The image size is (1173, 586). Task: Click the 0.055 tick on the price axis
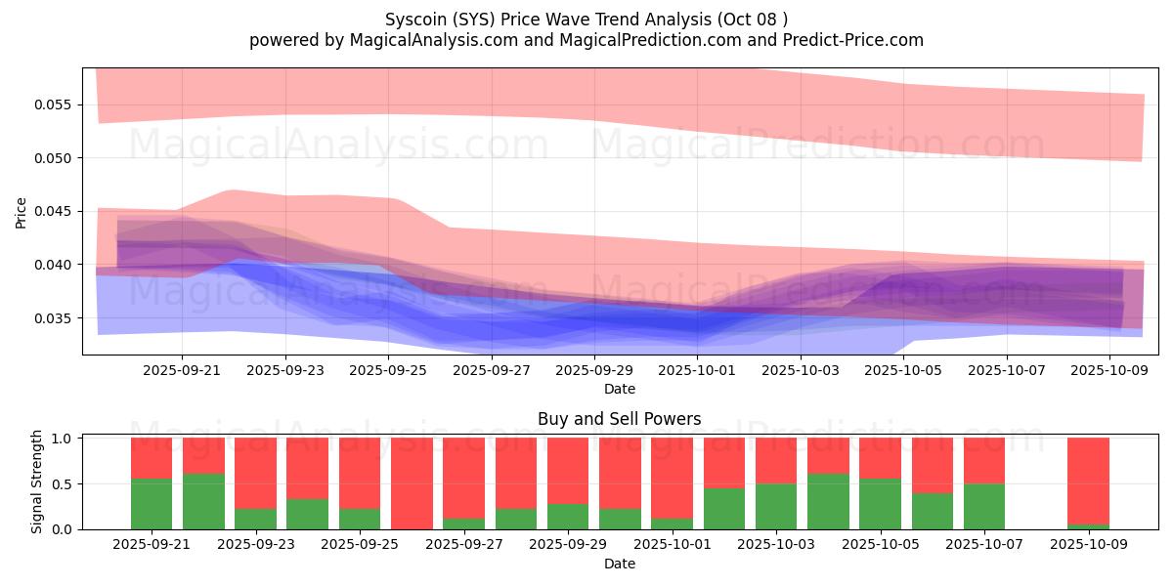57,105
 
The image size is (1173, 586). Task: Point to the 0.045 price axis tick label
57,211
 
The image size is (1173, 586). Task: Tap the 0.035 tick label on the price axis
57,318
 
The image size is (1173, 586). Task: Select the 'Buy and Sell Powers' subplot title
619,419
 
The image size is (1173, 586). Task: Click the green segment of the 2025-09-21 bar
152,504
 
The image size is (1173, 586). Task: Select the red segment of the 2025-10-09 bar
1088,481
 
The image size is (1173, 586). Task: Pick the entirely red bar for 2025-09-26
412,483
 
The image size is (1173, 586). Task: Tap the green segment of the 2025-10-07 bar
984,506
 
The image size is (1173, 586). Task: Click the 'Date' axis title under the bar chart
619,564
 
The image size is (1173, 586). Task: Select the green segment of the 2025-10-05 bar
880,504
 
